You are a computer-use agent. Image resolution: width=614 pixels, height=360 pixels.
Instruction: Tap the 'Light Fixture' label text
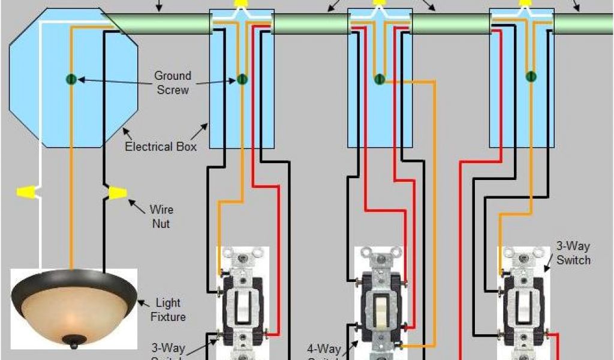[170, 310]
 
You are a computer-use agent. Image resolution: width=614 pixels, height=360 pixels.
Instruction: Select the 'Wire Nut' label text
[161, 216]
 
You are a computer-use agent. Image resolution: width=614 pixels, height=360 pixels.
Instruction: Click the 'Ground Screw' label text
[173, 83]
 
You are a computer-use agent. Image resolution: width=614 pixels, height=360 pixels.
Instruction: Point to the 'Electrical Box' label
[160, 146]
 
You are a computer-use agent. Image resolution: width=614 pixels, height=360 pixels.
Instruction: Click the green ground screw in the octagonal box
[70, 79]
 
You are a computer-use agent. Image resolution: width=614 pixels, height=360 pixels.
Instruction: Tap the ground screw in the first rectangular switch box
[242, 79]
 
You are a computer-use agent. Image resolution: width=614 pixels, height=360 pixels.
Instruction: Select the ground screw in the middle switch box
[379, 79]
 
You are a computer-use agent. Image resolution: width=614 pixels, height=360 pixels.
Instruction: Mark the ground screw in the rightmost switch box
[531, 76]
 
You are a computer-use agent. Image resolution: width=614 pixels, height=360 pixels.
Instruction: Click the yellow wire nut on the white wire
[27, 193]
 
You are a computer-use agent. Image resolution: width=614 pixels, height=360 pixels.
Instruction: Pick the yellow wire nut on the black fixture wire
[116, 193]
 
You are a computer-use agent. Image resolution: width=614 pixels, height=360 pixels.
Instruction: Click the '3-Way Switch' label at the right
[573, 254]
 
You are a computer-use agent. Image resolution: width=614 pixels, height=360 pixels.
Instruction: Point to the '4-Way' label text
[324, 348]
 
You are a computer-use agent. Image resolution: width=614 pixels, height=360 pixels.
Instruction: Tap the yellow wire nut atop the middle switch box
[378, 3]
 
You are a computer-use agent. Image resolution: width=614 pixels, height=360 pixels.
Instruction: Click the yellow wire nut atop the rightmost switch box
[525, 3]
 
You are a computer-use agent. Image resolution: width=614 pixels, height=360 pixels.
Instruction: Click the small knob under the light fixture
[73, 343]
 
